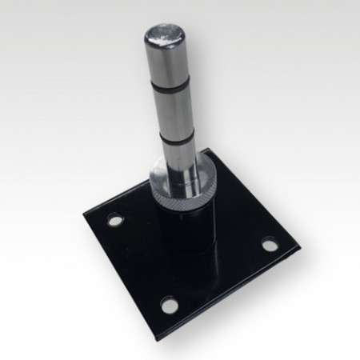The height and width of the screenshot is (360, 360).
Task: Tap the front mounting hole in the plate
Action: (169, 305)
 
